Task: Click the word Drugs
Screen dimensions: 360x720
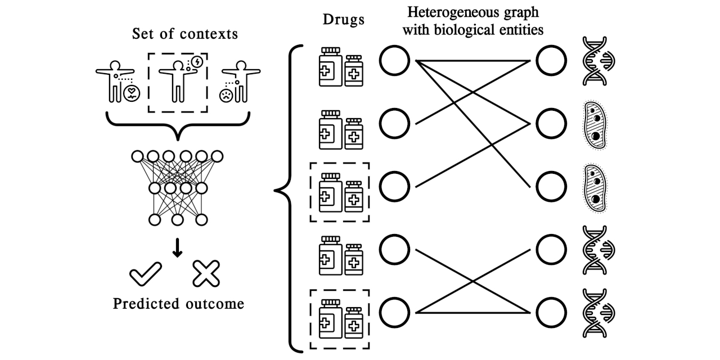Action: point(343,20)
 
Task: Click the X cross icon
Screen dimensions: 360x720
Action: point(206,274)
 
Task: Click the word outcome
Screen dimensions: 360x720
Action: point(214,304)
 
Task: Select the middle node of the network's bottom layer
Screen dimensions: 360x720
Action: point(177,219)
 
